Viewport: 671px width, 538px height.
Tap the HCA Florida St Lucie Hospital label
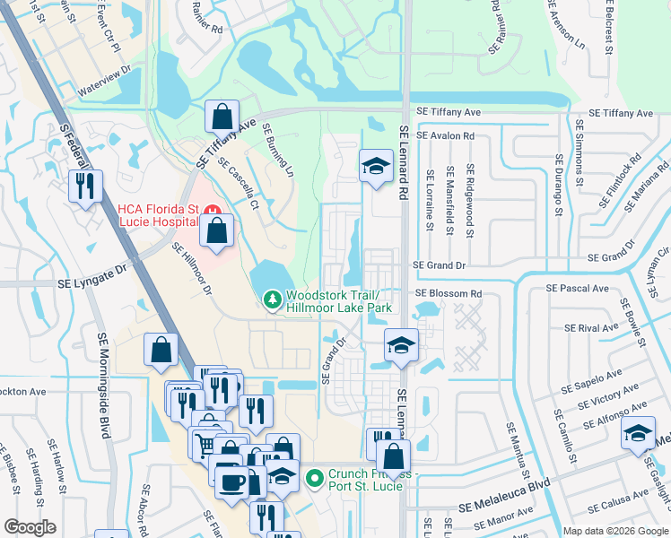(158, 215)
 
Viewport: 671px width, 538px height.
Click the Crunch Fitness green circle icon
(313, 478)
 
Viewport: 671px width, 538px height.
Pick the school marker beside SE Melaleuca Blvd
(638, 436)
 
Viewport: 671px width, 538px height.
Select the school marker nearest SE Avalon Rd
(375, 166)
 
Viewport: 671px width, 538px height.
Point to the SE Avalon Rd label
(443, 136)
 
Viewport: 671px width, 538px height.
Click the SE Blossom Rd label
(448, 293)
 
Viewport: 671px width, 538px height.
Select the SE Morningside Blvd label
(103, 384)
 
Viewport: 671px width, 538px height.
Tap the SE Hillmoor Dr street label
(191, 271)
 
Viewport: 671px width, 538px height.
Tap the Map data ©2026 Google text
(614, 530)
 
